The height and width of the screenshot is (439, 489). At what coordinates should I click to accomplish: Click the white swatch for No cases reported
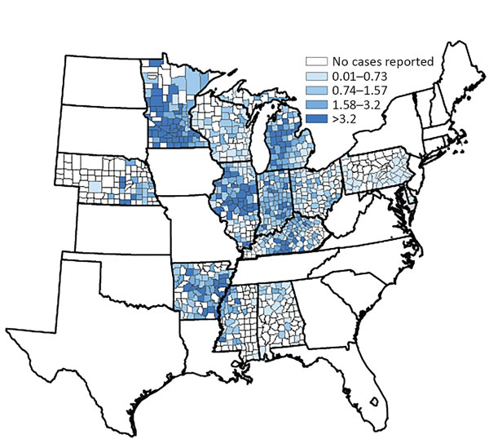(x=311, y=61)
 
